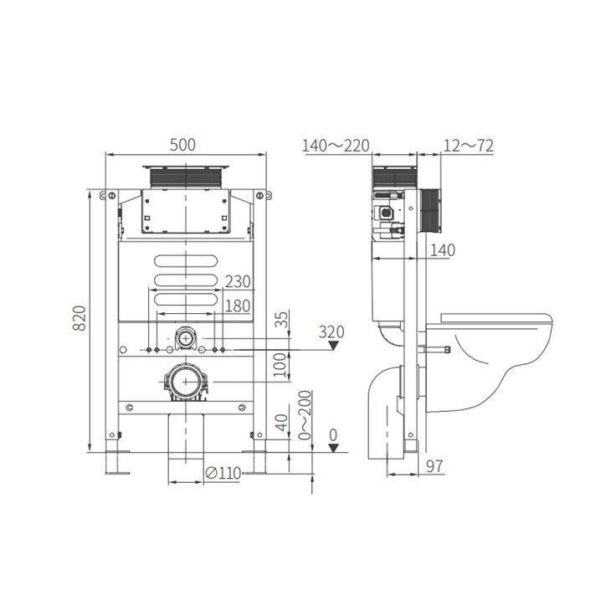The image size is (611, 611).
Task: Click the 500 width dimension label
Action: point(183,145)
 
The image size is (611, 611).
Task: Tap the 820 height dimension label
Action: point(80,318)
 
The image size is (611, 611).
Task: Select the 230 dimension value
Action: point(238,281)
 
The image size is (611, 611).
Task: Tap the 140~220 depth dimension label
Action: point(335,146)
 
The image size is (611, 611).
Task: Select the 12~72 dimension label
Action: point(469,146)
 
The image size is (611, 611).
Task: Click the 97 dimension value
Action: point(435,465)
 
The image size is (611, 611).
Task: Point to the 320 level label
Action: point(331,331)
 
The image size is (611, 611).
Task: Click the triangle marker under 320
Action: point(333,345)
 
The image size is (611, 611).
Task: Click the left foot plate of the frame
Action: point(117,463)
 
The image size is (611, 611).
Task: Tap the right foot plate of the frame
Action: point(254,463)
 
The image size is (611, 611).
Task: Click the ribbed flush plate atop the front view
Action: point(186,178)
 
